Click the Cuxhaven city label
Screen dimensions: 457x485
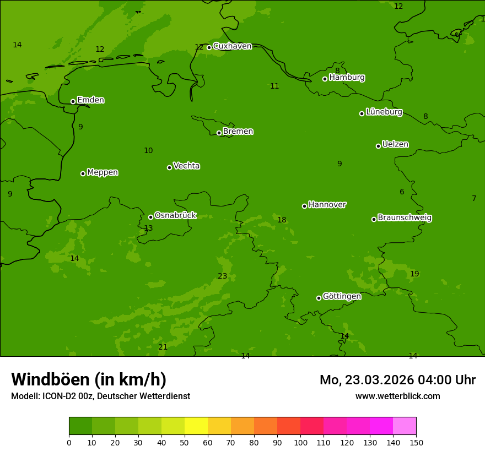232,46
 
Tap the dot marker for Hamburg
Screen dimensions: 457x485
325,79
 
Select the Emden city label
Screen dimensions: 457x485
90,100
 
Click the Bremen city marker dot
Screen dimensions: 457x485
219,133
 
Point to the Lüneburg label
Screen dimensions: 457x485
384,112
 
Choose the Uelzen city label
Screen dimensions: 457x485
395,145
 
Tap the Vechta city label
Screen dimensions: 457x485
186,166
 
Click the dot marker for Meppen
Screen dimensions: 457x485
83,173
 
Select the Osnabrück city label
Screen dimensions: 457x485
175,216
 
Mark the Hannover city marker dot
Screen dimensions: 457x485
304,206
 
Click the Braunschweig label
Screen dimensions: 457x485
405,218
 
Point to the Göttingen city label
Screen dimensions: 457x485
342,297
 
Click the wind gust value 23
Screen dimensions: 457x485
222,276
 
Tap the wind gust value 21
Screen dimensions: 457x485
163,347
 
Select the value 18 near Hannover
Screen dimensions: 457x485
282,220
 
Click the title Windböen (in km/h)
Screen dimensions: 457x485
89,380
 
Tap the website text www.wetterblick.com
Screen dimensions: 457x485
397,396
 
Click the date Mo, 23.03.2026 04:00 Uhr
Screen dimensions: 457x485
397,380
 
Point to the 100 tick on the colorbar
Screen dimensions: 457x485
300,442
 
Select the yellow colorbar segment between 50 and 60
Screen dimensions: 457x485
196,426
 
